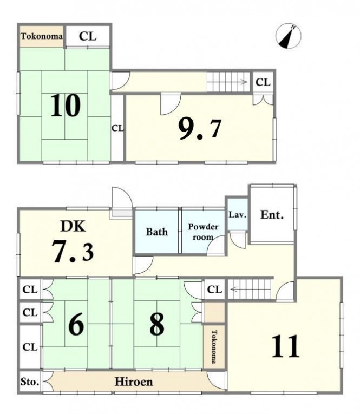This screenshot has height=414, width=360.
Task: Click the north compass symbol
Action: point(288,36)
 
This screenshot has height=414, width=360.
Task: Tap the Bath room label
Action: point(157,232)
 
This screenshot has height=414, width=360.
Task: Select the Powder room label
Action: point(203,232)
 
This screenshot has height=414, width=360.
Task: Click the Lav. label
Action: point(238,214)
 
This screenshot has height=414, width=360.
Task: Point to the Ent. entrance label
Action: point(272,215)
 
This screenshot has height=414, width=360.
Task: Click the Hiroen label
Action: point(134,382)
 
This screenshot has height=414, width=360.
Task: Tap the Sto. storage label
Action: point(30,382)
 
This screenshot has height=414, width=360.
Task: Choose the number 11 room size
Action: point(286,346)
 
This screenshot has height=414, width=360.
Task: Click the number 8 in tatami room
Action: point(157,324)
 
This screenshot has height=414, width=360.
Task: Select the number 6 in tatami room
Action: point(76,324)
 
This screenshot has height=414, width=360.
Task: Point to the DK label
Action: point(73,226)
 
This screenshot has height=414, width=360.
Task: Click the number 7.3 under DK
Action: point(73,251)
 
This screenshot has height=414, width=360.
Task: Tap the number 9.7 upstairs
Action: point(200,129)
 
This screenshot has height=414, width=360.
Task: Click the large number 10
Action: point(66,105)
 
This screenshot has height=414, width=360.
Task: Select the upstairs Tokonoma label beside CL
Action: point(42,36)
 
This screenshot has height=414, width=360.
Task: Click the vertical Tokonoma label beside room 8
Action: point(214,346)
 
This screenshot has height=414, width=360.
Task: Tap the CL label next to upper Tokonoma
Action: point(87,36)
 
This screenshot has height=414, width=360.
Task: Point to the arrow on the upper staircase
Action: point(243,82)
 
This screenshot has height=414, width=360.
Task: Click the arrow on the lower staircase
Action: point(235,290)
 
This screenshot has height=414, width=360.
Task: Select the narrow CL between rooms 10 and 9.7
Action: point(117,128)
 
